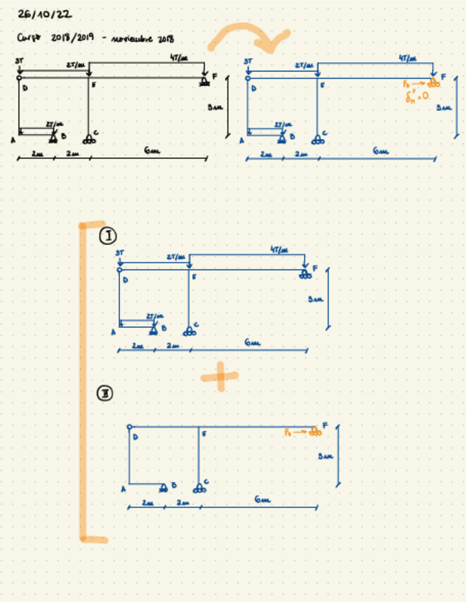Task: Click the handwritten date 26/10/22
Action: point(44,14)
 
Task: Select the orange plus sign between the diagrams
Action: point(220,376)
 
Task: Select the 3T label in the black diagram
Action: point(18,62)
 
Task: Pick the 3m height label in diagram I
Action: point(315,300)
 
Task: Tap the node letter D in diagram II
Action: point(136,437)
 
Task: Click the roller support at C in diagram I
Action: point(188,331)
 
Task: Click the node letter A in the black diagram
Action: point(12,140)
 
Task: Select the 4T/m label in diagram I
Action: point(280,250)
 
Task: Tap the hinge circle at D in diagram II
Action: point(129,427)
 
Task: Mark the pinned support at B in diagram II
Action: point(164,487)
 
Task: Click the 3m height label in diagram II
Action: point(325,455)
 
